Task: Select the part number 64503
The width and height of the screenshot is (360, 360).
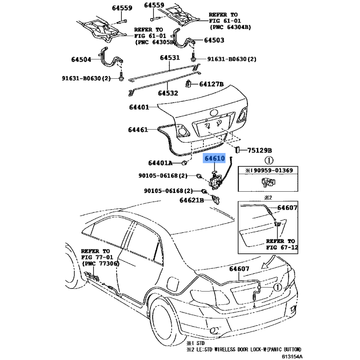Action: [x=214, y=40]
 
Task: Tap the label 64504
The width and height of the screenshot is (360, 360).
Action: [x=81, y=59]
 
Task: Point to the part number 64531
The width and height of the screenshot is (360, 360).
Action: [x=169, y=58]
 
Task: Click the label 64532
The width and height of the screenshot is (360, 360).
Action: [x=168, y=93]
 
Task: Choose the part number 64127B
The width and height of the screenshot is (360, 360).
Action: [x=211, y=84]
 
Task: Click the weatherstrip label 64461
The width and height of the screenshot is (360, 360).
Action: [x=138, y=130]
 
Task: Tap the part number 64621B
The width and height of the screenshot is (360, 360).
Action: [x=189, y=200]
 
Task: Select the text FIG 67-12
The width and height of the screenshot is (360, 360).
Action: [x=281, y=247]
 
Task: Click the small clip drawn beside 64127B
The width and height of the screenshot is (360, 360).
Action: [x=189, y=84]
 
